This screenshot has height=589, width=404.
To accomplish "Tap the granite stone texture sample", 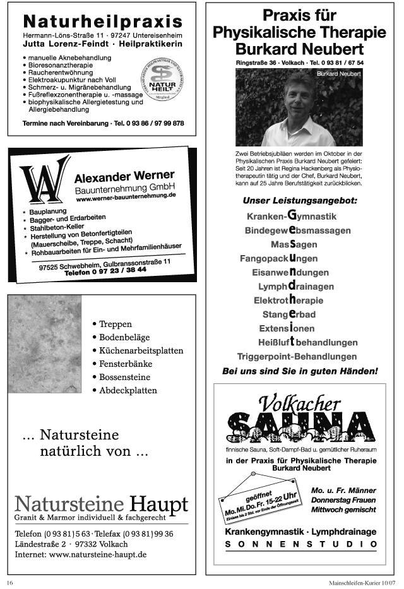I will point(45,344).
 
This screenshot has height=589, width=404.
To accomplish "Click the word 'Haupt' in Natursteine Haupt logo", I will point(158,503).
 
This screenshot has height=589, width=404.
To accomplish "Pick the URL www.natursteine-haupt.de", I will point(98,554).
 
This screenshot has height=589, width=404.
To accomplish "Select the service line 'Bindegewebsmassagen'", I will point(297,230).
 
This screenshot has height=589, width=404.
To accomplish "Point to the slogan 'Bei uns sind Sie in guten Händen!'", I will point(300,371).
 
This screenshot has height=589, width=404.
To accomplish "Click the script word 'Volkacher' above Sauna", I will point(298,402).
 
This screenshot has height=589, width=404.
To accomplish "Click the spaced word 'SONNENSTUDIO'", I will point(300,544).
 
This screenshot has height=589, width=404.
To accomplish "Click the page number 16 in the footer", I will point(10,582).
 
